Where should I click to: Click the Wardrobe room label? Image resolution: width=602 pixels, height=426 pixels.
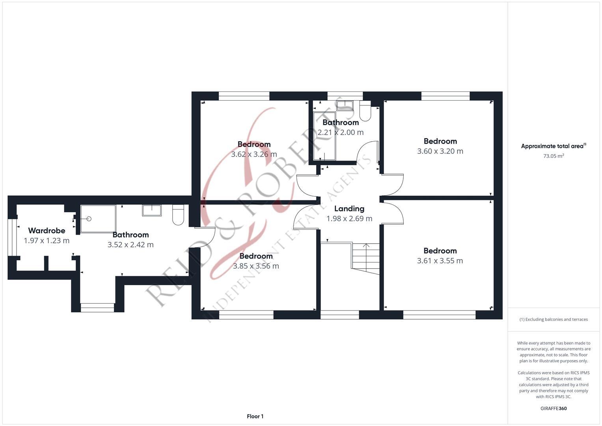47,230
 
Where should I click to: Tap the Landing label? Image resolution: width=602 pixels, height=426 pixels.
349,209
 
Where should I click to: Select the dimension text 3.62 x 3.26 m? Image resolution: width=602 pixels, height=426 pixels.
254,154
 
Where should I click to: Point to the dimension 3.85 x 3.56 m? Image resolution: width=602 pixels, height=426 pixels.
256,266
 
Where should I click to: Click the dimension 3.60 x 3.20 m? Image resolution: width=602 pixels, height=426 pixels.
440,151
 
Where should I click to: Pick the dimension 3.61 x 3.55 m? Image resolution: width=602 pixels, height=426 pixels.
440,261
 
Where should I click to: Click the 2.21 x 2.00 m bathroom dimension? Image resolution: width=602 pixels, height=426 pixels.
341,132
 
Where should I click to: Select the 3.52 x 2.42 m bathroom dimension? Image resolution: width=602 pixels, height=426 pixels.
130,245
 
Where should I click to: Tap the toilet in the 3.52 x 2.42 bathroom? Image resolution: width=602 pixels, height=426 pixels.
178,215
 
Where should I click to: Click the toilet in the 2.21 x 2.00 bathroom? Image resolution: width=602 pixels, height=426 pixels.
365,111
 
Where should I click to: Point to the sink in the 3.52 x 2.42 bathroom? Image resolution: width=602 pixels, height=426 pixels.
152,210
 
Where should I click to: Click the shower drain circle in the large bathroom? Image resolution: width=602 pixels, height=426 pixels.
89,219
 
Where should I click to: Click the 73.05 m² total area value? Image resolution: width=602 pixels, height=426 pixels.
554,156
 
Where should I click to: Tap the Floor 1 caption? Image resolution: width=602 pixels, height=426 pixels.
255,416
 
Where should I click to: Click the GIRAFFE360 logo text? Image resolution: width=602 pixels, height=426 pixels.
554,408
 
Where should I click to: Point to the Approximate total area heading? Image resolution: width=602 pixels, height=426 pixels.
554,146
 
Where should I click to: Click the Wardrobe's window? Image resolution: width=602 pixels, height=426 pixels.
12,237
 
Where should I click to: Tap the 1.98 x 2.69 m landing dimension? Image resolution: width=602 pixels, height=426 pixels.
349,219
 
